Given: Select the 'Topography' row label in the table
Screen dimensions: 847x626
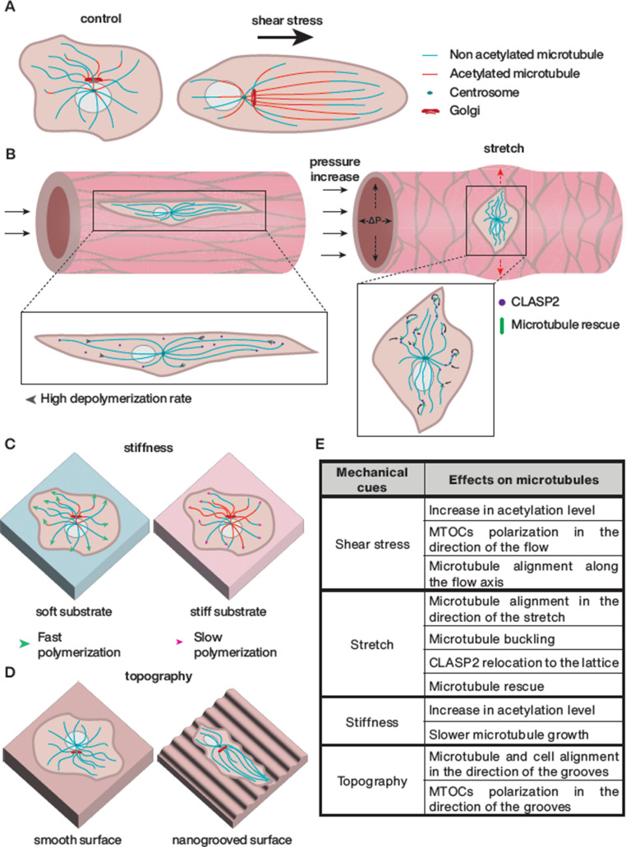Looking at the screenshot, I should click(371, 782).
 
